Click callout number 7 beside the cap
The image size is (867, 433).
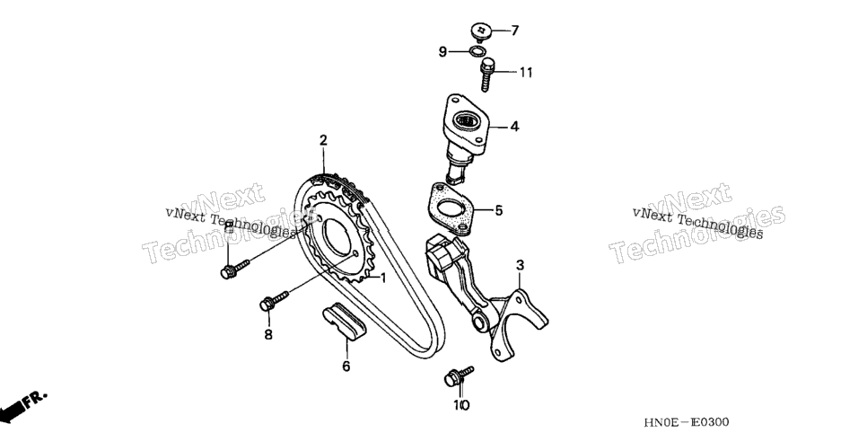[515, 31]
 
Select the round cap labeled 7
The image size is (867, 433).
[481, 31]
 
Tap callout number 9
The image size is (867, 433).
[442, 51]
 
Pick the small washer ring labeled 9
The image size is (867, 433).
[477, 51]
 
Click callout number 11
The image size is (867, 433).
[525, 73]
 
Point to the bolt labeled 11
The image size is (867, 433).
[486, 75]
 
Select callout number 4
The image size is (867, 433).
[514, 127]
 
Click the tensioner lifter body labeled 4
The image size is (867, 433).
[465, 136]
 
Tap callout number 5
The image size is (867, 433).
[499, 210]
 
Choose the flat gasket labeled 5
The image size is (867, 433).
[451, 209]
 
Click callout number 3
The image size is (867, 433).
[520, 265]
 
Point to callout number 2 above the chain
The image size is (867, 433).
[323, 140]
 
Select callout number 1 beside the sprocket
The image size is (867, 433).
[382, 277]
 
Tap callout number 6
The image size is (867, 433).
[346, 366]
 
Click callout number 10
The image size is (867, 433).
[461, 405]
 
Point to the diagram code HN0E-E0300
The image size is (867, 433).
[687, 422]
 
